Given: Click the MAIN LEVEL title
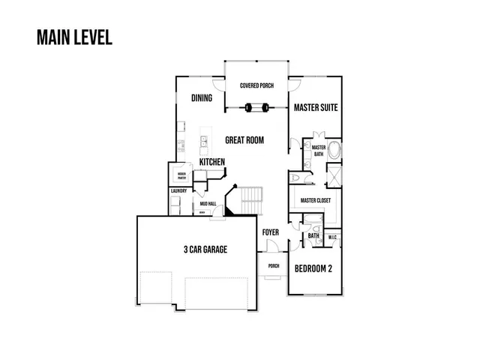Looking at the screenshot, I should pyautogui.click(x=74, y=37).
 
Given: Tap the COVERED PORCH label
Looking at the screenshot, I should pyautogui.click(x=257, y=86).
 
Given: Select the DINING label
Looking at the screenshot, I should pyautogui.click(x=202, y=98).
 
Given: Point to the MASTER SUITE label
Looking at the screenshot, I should pyautogui.click(x=316, y=108).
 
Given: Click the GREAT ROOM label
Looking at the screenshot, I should pyautogui.click(x=244, y=140).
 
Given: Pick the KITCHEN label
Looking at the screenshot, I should pyautogui.click(x=212, y=163).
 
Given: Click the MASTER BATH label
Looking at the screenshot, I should pyautogui.click(x=319, y=151).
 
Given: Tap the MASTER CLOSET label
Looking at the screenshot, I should pyautogui.click(x=316, y=201).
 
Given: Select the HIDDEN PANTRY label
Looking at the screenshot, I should pyautogui.click(x=181, y=177).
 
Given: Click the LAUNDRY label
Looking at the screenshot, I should pyautogui.click(x=178, y=191).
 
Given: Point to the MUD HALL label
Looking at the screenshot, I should pyautogui.click(x=208, y=203).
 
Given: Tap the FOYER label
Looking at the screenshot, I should pyautogui.click(x=270, y=232).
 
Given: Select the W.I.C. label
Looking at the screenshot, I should pyautogui.click(x=334, y=238).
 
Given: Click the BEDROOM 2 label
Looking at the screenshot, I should pyautogui.click(x=313, y=268).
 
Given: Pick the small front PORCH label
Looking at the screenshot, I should pyautogui.click(x=274, y=266).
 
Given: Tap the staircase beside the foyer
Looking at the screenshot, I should pyautogui.click(x=253, y=199).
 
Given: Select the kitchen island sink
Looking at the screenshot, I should pyautogui.click(x=203, y=142).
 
